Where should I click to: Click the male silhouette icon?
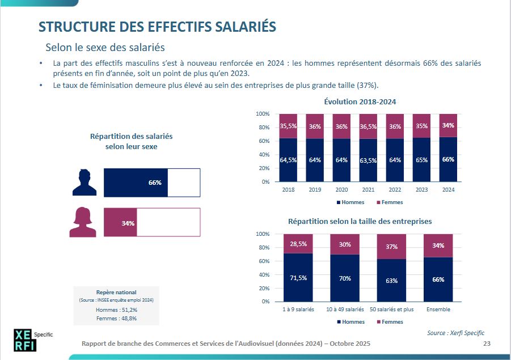[x=85, y=183]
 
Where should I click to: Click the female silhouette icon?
[x=83, y=222]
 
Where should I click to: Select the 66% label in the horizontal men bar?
[x=155, y=183]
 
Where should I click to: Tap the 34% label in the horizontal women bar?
[x=128, y=223]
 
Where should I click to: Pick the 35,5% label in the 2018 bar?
[x=288, y=126]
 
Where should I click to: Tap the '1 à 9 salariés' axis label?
[x=298, y=310]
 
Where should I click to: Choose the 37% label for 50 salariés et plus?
[x=392, y=247]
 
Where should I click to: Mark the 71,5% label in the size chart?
[x=298, y=278]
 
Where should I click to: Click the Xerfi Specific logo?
[x=27, y=339]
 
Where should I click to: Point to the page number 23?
[x=487, y=344]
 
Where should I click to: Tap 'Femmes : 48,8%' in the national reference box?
[x=116, y=319]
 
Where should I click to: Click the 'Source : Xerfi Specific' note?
[x=455, y=333]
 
